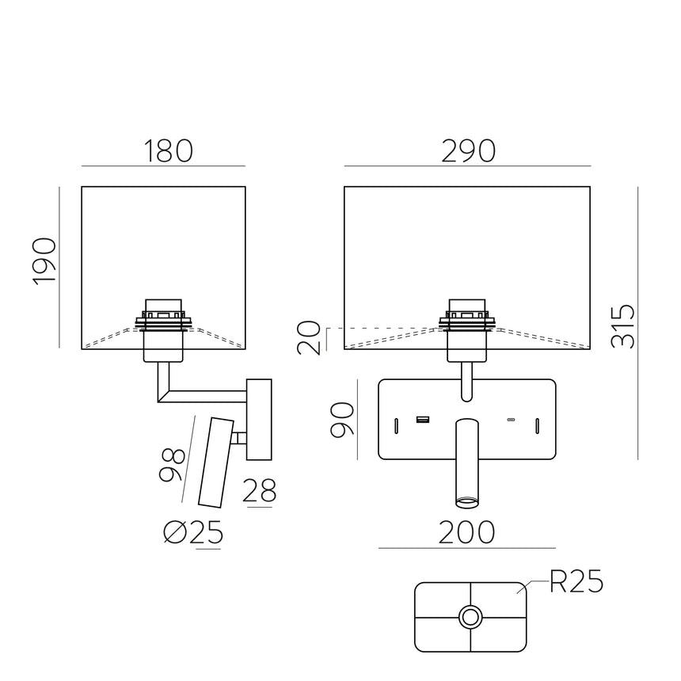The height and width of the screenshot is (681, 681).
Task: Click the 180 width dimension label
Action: [168, 150]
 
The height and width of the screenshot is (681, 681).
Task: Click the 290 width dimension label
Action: [469, 150]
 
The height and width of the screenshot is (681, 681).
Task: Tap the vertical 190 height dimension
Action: [45, 261]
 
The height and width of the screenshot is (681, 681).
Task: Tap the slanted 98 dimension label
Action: [172, 465]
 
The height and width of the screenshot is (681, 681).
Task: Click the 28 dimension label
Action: [259, 492]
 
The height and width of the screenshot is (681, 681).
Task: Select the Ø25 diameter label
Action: [192, 534]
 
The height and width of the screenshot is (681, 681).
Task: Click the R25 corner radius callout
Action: [576, 584]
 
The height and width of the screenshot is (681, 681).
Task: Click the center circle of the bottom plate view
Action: [471, 617]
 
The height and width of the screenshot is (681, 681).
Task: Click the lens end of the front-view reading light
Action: [466, 500]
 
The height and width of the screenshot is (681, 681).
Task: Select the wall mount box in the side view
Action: [259, 420]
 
